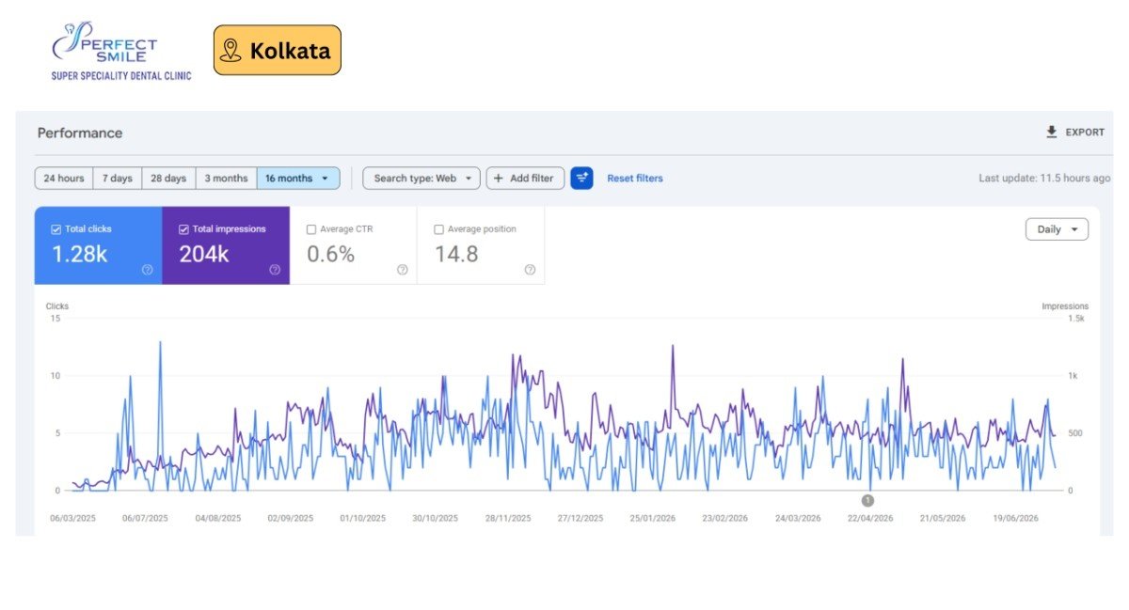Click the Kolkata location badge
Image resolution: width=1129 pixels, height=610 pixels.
pyautogui.click(x=278, y=51)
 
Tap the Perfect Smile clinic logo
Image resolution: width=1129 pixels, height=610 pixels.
pyautogui.click(x=121, y=51)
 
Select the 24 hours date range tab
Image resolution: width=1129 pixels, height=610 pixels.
pyautogui.click(x=64, y=179)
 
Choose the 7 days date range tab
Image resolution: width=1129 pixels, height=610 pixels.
pyautogui.click(x=118, y=179)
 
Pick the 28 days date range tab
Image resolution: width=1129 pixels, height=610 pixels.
pyautogui.click(x=168, y=179)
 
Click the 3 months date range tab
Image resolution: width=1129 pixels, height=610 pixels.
pyautogui.click(x=227, y=179)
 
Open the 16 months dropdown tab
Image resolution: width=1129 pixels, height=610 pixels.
pyautogui.click(x=298, y=179)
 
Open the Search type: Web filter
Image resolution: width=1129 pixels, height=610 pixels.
pyautogui.click(x=421, y=179)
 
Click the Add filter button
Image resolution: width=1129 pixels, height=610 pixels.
pyautogui.click(x=525, y=179)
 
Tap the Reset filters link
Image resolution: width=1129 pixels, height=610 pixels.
pyautogui.click(x=634, y=179)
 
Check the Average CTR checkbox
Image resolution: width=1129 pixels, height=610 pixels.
pyautogui.click(x=311, y=229)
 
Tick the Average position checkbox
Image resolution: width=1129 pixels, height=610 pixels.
pyautogui.click(x=439, y=229)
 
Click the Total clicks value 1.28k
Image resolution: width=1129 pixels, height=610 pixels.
pyautogui.click(x=80, y=255)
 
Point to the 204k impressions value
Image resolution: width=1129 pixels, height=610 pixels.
pyautogui.click(x=204, y=255)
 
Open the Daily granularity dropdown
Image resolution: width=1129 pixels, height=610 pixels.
pyautogui.click(x=1057, y=229)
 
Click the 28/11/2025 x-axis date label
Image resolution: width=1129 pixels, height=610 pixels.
pyautogui.click(x=507, y=518)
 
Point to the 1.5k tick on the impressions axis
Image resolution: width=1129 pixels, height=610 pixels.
pyautogui.click(x=1075, y=319)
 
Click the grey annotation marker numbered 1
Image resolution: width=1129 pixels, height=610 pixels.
pyautogui.click(x=867, y=501)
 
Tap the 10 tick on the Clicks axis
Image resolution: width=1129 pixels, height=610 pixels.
pyautogui.click(x=55, y=376)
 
